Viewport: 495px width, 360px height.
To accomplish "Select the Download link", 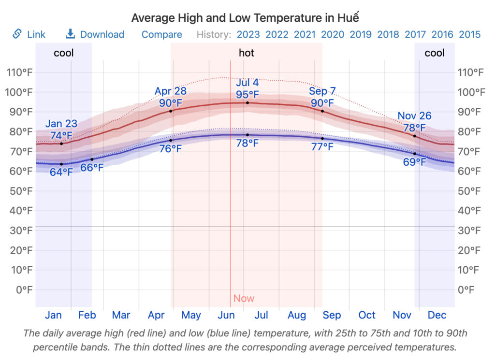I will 95,34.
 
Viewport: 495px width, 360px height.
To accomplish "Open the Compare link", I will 161,34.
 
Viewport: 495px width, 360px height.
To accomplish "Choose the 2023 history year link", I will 248,34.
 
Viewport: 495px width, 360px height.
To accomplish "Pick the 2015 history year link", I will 469,34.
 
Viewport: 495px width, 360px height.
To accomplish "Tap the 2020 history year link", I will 333,34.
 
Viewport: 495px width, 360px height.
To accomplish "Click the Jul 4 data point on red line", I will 247,103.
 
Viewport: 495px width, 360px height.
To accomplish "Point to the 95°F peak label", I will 247,94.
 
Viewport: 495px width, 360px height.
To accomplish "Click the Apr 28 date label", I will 170,91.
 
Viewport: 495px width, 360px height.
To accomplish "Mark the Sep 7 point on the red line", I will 322,111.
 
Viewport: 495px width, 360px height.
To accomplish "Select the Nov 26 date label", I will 414,116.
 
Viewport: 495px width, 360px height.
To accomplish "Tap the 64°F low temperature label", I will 61,172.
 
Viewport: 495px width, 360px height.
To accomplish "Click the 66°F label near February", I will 92,168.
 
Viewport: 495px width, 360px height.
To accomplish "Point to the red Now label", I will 244,298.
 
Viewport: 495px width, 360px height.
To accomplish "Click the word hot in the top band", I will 247,53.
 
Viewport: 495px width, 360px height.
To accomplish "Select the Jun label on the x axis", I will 226,315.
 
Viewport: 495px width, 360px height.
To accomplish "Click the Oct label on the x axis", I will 367,315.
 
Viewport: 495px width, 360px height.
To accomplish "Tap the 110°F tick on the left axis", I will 19,72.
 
